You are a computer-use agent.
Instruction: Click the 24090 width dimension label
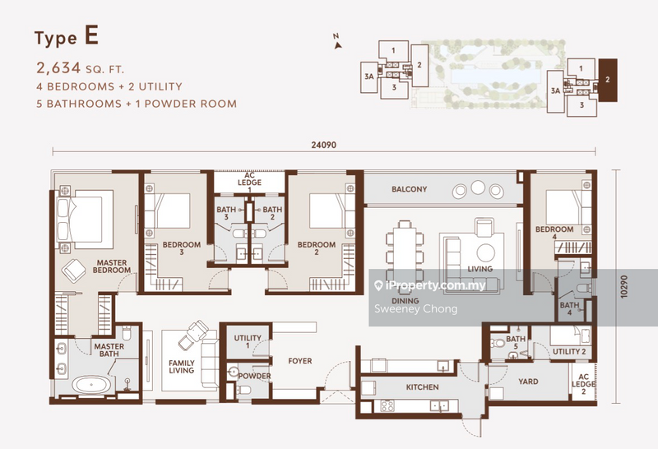click(323, 146)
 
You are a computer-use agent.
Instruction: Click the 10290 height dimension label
click(624, 287)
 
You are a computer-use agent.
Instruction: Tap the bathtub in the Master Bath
click(92, 384)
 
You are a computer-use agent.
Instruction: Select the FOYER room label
click(300, 361)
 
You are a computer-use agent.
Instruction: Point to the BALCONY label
click(409, 189)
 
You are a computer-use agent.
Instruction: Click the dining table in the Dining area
click(405, 250)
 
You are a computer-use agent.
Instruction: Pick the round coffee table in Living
click(485, 252)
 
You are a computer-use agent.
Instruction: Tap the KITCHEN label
click(422, 387)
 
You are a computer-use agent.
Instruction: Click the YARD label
click(528, 382)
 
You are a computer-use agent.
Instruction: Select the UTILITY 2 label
click(569, 352)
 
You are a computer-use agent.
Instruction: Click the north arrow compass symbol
click(337, 43)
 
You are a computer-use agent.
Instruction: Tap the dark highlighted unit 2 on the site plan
click(608, 80)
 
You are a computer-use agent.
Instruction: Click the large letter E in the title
click(91, 35)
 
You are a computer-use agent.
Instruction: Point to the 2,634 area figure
click(58, 67)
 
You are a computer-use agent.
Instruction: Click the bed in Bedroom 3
click(168, 212)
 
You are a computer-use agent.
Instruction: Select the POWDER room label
click(254, 376)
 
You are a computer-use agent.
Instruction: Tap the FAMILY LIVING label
click(182, 367)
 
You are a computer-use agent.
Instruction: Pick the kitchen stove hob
click(387, 405)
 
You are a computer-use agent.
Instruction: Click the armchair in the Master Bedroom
click(74, 270)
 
